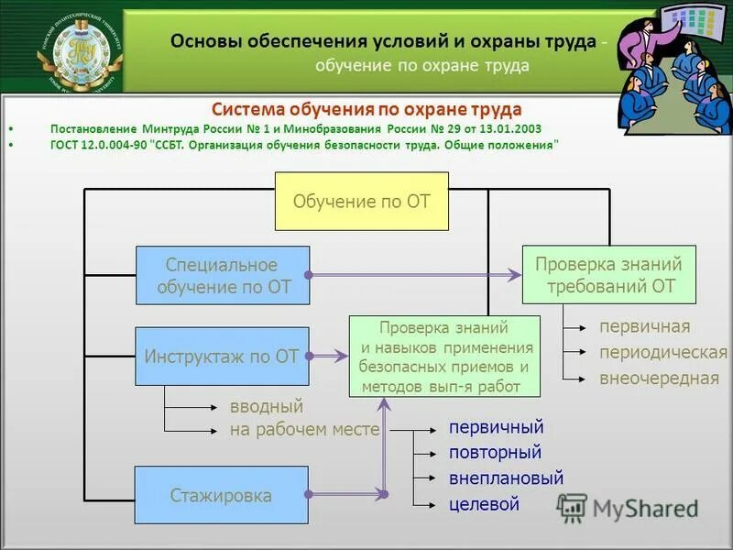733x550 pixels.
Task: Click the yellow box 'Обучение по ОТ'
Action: [x=362, y=201]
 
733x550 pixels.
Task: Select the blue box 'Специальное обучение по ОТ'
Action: [x=223, y=275]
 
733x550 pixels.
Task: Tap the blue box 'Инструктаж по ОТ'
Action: [x=222, y=356]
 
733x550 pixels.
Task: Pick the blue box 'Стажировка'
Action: [x=222, y=496]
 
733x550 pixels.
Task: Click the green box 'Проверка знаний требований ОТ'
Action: [x=608, y=274]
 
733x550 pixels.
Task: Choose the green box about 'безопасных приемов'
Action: [x=444, y=356]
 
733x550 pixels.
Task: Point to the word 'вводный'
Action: [x=267, y=406]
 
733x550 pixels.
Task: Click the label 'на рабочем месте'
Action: [x=304, y=429]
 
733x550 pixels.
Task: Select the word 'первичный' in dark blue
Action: [x=496, y=427]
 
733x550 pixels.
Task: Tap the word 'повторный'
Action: [x=495, y=453]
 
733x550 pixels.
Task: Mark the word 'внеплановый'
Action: [x=506, y=478]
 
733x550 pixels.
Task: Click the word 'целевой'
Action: [x=484, y=504]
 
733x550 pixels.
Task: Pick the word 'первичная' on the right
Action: [x=644, y=327]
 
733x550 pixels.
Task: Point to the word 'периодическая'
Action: [x=662, y=353]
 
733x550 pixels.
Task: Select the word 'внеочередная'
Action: [x=659, y=378]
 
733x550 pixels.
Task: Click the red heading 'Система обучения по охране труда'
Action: [x=366, y=109]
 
